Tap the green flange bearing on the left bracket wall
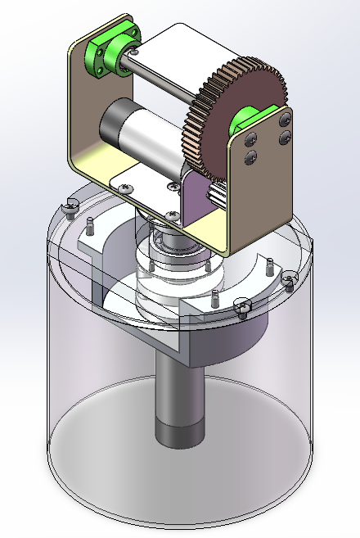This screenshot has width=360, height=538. [105, 54]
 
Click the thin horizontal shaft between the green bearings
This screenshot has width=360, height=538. [164, 78]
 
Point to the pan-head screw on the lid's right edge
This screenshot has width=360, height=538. [289, 280]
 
